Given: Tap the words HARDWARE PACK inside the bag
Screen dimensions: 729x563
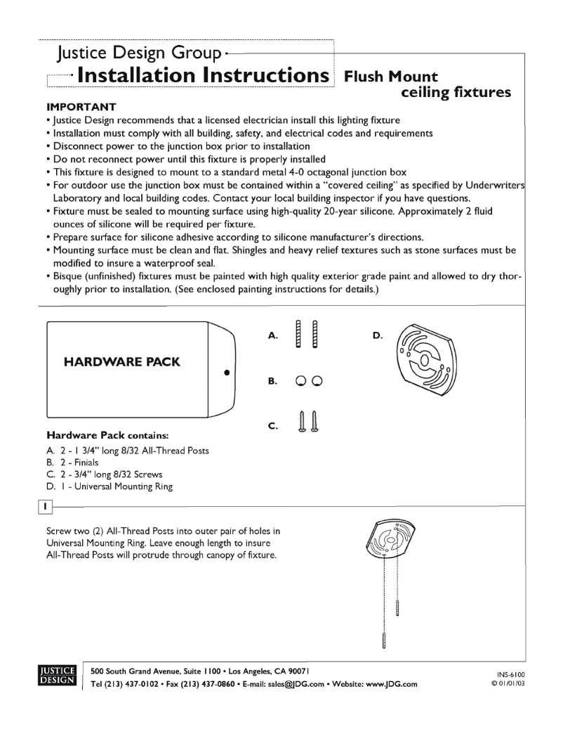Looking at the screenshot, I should pyautogui.click(x=122, y=363).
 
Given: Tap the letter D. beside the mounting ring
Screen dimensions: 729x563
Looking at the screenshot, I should pyautogui.click(x=378, y=336).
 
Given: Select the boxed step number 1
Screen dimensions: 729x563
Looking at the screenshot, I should pyautogui.click(x=45, y=505).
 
